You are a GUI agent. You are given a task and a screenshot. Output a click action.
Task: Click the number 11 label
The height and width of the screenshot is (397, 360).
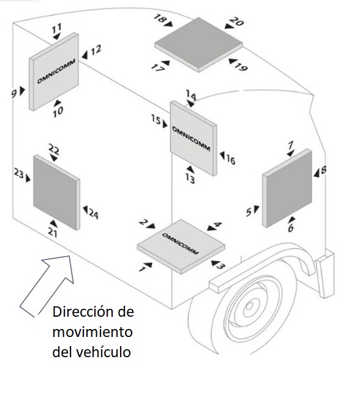[x=56, y=28]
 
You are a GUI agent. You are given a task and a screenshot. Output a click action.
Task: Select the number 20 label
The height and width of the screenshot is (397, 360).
[x=236, y=23]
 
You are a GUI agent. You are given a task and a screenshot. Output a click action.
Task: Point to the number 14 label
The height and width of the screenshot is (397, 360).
[x=191, y=96]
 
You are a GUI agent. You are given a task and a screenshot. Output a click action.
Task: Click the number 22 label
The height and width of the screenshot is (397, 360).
[x=54, y=149]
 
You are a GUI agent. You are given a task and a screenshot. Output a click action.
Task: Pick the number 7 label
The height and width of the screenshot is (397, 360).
[x=290, y=145]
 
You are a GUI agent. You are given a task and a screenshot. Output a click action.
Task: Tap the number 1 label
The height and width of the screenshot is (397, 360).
[x=144, y=268]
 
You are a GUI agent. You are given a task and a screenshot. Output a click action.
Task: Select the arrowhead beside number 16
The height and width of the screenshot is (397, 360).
[x=223, y=157]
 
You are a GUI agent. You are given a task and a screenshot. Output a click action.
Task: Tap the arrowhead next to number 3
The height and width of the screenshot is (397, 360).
[x=212, y=263]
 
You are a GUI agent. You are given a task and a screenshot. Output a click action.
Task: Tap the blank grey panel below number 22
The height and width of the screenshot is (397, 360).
[x=56, y=192]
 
